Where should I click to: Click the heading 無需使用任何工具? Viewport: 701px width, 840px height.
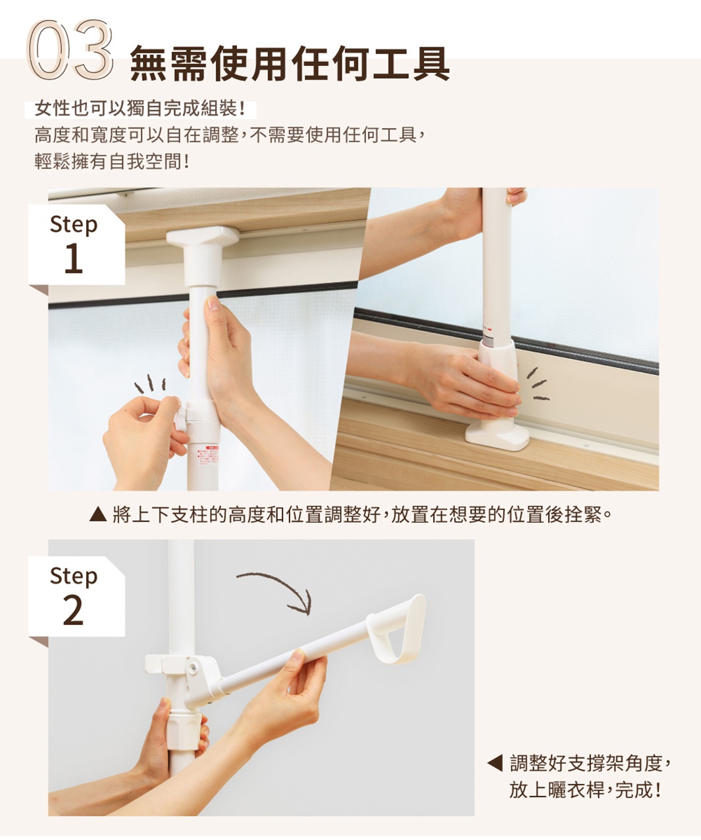coord(290,64)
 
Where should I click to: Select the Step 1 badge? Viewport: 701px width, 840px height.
coord(74,243)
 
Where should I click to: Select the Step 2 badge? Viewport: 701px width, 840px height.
coord(74,595)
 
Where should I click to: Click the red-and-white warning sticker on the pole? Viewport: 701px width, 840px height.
coord(205,455)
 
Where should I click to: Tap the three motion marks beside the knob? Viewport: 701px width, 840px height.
coord(150,384)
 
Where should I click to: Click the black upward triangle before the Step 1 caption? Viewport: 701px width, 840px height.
coord(97,514)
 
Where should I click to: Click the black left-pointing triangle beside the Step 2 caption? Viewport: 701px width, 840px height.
coord(494,764)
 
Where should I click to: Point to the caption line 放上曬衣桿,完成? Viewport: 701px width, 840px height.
coord(584,789)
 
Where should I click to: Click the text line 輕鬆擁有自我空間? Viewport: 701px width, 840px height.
coord(112,161)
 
